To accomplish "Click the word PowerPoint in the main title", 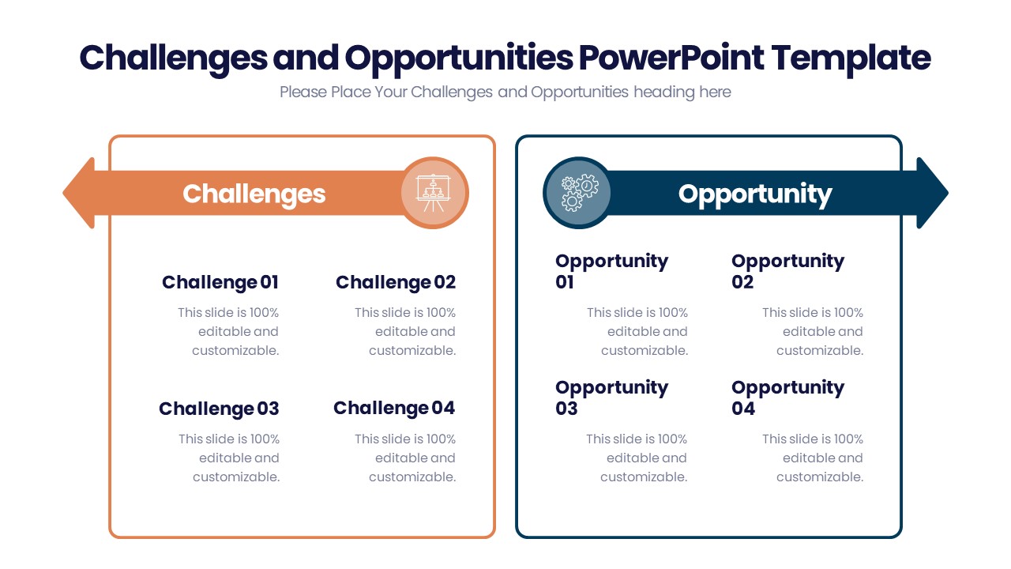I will (671, 58).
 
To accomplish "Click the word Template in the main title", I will (851, 58).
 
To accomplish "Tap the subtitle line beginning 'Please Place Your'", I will (505, 92).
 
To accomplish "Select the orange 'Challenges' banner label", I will (254, 194).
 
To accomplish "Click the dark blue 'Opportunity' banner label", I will (754, 194).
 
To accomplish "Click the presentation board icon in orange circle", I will (433, 193).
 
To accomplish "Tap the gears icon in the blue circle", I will (579, 193).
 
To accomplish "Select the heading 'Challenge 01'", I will (220, 282).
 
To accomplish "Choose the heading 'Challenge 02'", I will (396, 282).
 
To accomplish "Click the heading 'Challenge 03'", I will (219, 409).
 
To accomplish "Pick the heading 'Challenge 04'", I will (394, 408).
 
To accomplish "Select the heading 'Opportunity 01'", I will (611, 271).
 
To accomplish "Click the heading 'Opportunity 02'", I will (787, 271).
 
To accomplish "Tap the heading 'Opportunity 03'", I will (611, 398).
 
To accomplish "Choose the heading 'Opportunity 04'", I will (787, 398).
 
